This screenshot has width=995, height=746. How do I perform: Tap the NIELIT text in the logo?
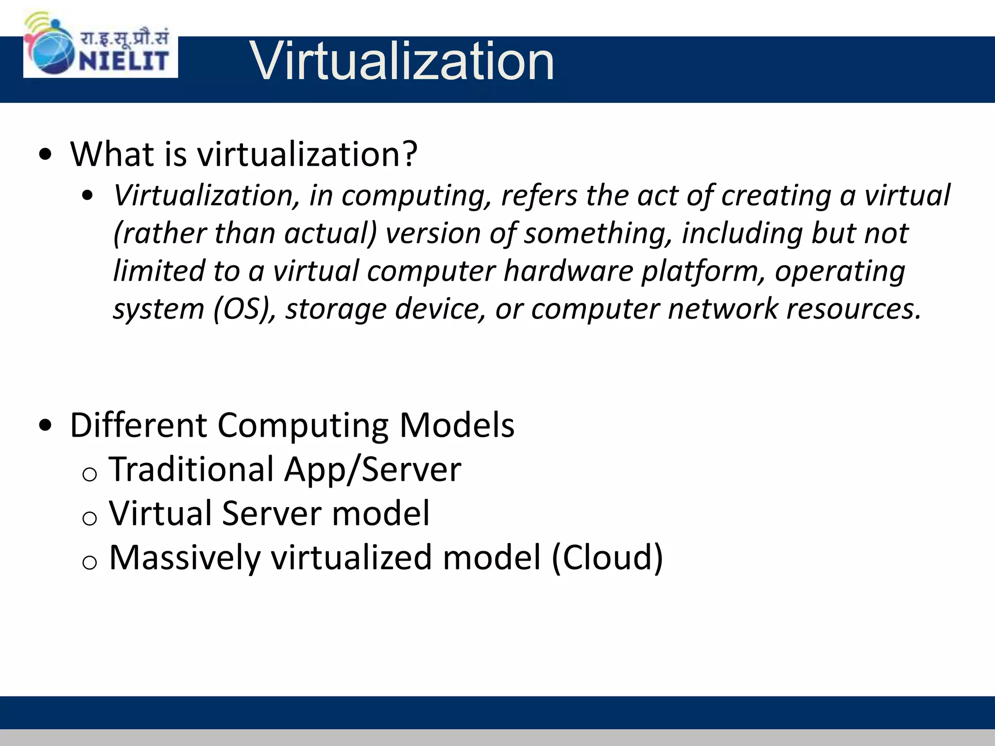[x=124, y=61]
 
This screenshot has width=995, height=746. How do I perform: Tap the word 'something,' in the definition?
[x=598, y=234]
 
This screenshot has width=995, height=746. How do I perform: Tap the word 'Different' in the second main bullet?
[x=138, y=425]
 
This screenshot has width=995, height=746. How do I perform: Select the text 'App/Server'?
[x=373, y=470]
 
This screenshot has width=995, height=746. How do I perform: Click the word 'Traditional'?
[x=192, y=470]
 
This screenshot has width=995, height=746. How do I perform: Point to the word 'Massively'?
[x=185, y=558]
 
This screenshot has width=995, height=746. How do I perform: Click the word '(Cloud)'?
[x=607, y=558]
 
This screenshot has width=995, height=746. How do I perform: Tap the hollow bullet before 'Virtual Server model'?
[x=90, y=518]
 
